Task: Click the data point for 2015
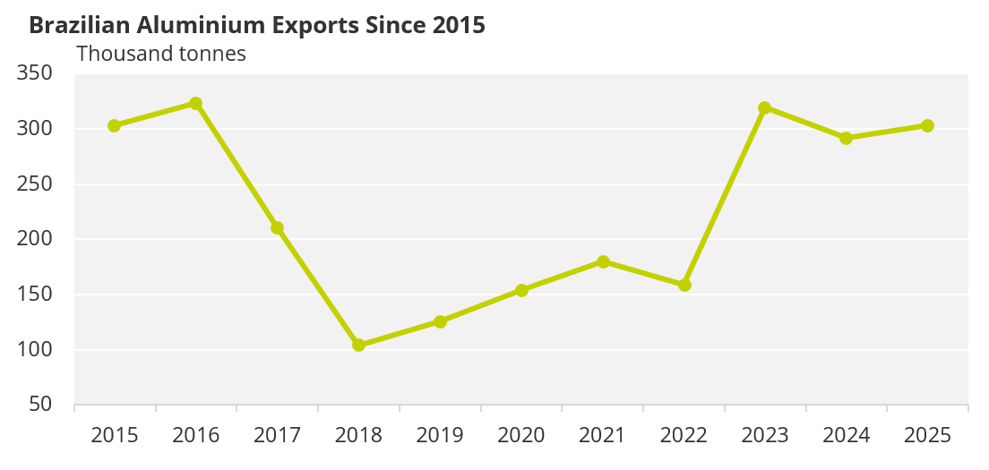pos(114,125)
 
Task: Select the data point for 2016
pos(195,104)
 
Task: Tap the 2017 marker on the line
pos(277,227)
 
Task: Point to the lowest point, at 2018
pos(358,345)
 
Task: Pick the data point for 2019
pos(440,321)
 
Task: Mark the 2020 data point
pos(521,290)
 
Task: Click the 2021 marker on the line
pos(603,262)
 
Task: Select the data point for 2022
pos(684,285)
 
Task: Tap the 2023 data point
pos(764,107)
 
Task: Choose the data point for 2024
pos(846,138)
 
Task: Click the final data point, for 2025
pos(927,125)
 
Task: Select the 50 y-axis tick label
pos(42,405)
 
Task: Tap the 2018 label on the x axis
pos(358,436)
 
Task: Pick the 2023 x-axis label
pos(765,436)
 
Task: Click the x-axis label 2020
pos(521,436)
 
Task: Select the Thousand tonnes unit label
pos(161,54)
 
